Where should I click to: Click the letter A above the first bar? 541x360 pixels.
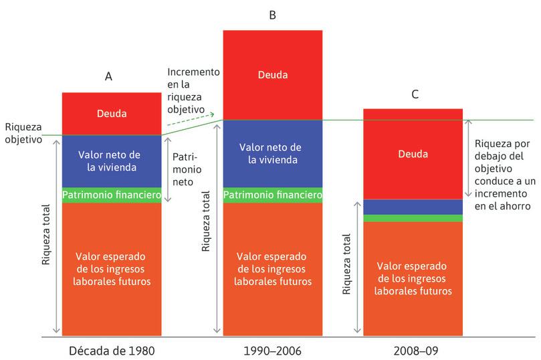pyautogui.click(x=108, y=76)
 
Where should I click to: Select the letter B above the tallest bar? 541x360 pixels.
pyautogui.click(x=272, y=14)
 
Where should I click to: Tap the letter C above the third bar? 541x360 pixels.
pyautogui.click(x=415, y=94)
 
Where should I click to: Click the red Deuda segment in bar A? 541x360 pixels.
pyautogui.click(x=111, y=114)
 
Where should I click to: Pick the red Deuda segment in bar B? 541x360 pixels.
pyautogui.click(x=272, y=74)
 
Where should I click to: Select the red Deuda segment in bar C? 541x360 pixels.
pyautogui.click(x=413, y=154)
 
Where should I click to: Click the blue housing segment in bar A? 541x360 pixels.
pyautogui.click(x=111, y=161)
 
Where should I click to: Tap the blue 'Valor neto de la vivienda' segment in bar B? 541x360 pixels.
pyautogui.click(x=272, y=154)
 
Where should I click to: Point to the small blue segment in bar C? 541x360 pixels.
pyautogui.click(x=413, y=207)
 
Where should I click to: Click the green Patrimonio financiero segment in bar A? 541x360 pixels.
pyautogui.click(x=111, y=195)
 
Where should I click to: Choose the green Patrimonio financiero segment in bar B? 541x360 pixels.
pyautogui.click(x=272, y=195)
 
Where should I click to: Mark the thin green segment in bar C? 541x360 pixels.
pyautogui.click(x=413, y=218)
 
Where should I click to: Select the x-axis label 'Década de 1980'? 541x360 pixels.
pyautogui.click(x=111, y=350)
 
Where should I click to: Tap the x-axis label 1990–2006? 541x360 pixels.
pyautogui.click(x=272, y=350)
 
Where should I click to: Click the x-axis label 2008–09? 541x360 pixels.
pyautogui.click(x=413, y=350)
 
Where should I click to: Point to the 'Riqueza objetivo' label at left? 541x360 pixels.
pyautogui.click(x=23, y=132)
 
